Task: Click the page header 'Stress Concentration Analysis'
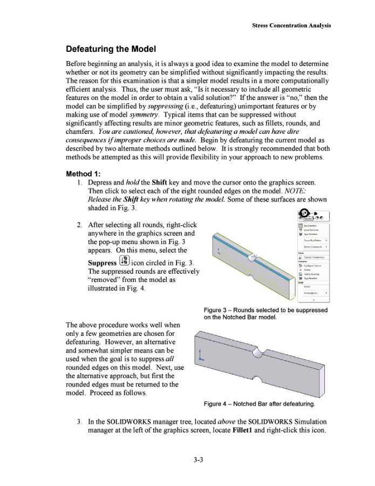pos(291,25)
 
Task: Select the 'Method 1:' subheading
pos(87,174)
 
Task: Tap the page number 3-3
pos(187,460)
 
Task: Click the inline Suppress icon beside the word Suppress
pos(125,262)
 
